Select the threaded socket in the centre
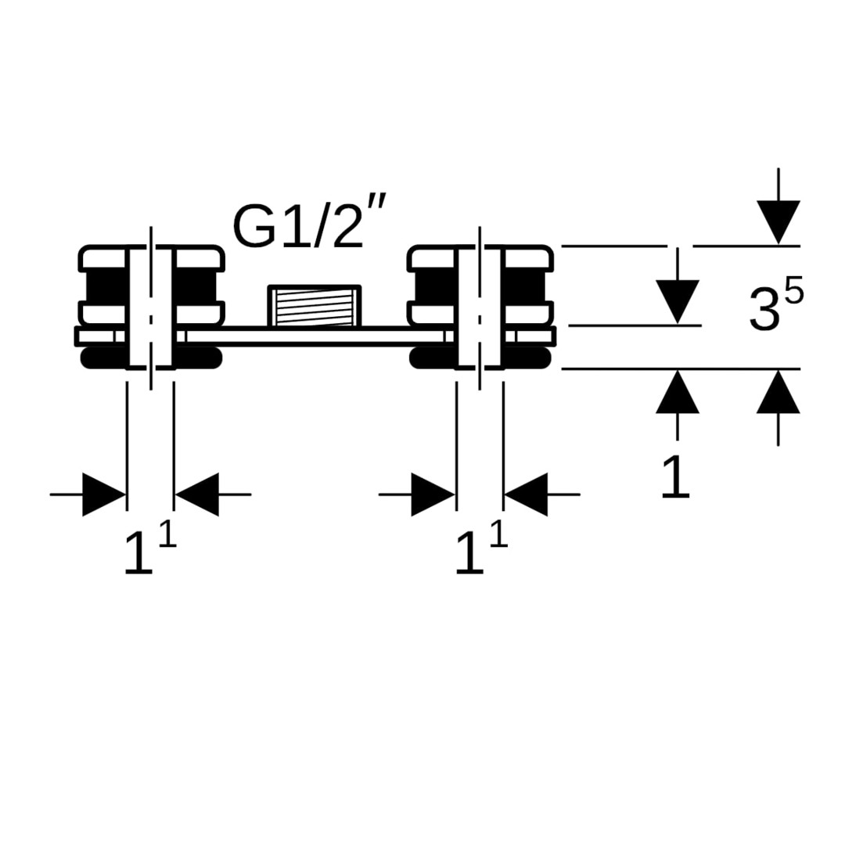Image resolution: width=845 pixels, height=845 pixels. click(x=315, y=306)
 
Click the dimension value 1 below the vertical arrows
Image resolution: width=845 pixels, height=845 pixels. click(x=676, y=476)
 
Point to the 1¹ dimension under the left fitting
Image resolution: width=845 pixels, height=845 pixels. click(x=149, y=550)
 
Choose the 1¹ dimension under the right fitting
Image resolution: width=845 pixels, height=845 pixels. click(x=481, y=550)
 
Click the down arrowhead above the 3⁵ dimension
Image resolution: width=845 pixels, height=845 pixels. click(x=778, y=222)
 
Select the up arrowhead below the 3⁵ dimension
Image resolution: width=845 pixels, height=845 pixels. click(x=778, y=392)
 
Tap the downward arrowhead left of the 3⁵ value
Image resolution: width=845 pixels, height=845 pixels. click(x=678, y=302)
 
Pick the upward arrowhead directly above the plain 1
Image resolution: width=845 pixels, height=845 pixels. click(x=678, y=392)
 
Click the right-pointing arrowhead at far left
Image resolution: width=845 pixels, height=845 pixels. click(x=104, y=494)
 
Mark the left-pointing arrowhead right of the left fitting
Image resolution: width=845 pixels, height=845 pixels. click(x=197, y=494)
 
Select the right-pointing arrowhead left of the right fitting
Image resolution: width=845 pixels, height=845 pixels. click(x=433, y=494)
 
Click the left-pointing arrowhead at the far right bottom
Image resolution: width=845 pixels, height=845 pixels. click(x=526, y=494)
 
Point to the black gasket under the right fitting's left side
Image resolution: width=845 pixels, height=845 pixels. click(x=433, y=358)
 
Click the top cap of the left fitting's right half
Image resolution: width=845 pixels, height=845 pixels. click(x=198, y=258)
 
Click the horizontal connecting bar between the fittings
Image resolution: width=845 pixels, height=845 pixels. click(x=315, y=336)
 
